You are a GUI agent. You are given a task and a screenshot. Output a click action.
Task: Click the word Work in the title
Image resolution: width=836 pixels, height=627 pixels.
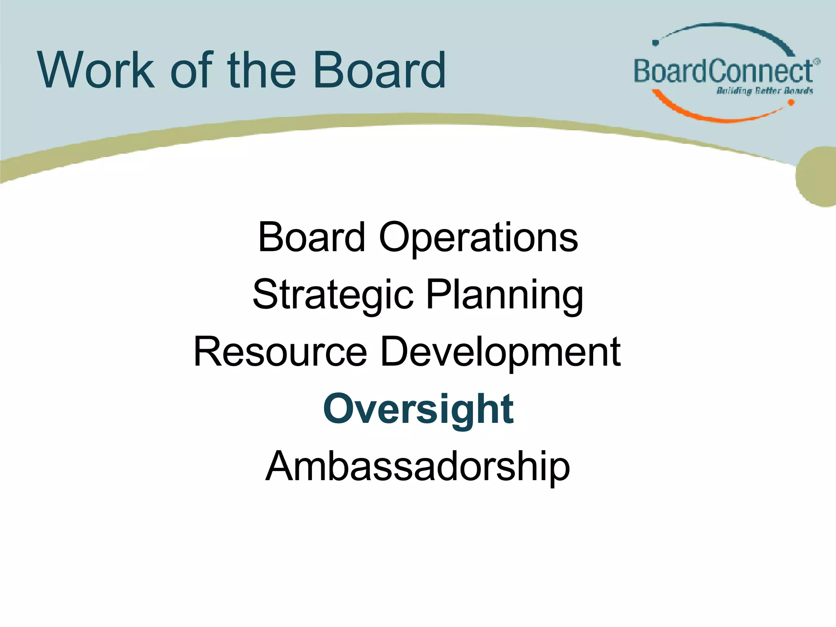pyautogui.click(x=96, y=70)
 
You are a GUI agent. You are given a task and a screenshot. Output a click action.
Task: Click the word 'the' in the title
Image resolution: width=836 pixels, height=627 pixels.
pyautogui.click(x=261, y=70)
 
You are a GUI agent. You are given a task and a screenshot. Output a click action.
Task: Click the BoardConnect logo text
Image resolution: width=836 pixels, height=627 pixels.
pyautogui.click(x=723, y=71)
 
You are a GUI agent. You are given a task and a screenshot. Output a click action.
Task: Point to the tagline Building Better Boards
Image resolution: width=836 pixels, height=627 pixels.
pyautogui.click(x=765, y=91)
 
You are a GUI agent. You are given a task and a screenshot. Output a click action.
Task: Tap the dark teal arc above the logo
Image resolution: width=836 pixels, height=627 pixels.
pyautogui.click(x=731, y=28)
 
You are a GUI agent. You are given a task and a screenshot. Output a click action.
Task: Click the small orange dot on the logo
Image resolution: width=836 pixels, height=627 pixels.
pyautogui.click(x=791, y=103)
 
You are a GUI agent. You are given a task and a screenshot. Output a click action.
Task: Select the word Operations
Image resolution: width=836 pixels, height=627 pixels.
pyautogui.click(x=478, y=238)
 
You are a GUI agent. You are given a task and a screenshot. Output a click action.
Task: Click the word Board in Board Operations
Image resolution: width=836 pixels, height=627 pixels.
pyautogui.click(x=311, y=238)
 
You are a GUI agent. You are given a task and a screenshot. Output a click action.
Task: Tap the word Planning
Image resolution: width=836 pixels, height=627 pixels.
pyautogui.click(x=505, y=295)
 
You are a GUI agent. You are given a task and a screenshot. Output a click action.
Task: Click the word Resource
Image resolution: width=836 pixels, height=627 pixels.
pyautogui.click(x=280, y=352)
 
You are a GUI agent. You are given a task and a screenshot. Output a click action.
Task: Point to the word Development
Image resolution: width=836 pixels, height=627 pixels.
pyautogui.click(x=500, y=352)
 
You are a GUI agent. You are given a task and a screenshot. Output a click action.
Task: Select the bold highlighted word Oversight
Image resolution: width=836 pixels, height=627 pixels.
pyautogui.click(x=418, y=409)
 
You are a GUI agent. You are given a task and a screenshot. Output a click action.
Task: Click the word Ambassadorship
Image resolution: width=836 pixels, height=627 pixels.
pyautogui.click(x=418, y=466)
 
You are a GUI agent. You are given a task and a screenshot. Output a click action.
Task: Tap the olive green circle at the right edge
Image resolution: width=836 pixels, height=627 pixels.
pyautogui.click(x=818, y=176)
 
